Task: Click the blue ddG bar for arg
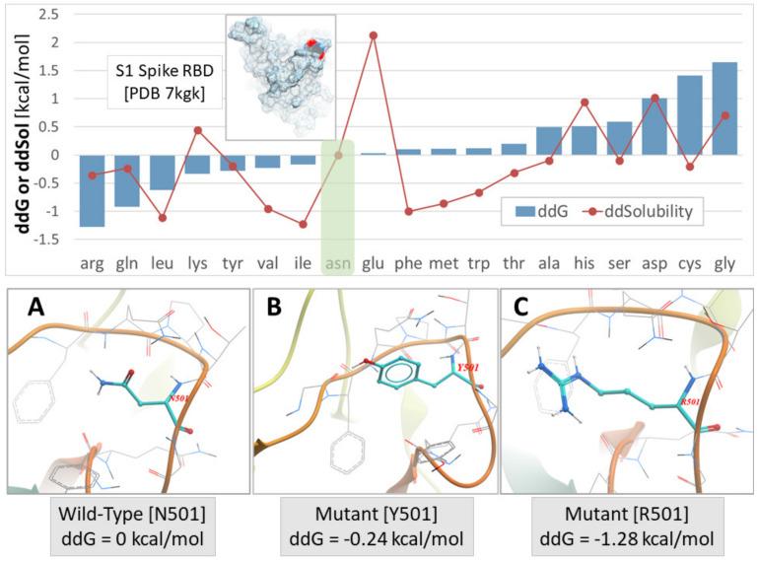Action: (x=92, y=190)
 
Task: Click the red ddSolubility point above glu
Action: (x=373, y=35)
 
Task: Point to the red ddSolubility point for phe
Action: (x=408, y=211)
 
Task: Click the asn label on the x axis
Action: (x=338, y=263)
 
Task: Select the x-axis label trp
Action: (x=478, y=263)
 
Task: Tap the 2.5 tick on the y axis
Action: (x=45, y=15)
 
